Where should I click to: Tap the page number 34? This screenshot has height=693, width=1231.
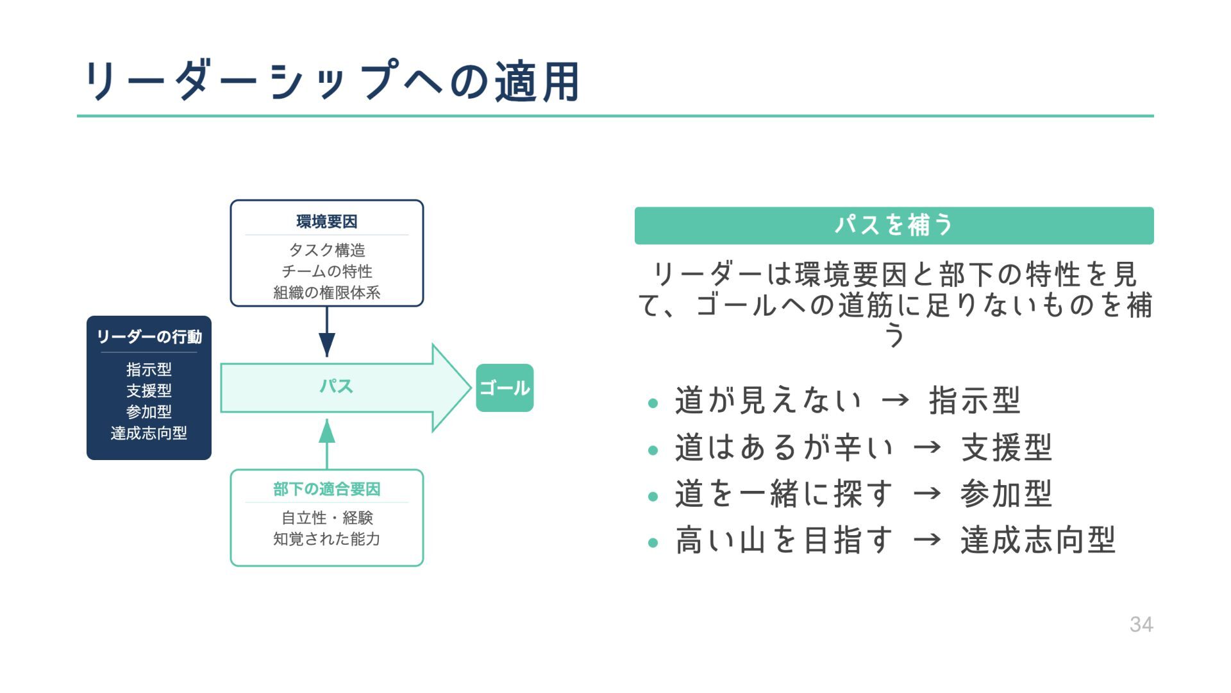point(1141,624)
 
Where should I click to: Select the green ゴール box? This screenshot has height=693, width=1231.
point(505,388)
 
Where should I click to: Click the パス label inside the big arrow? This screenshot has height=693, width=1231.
point(336,386)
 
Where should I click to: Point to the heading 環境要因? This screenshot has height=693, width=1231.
point(326,221)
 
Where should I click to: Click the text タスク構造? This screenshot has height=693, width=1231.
point(326,250)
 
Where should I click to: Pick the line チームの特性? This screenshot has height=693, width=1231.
point(326,271)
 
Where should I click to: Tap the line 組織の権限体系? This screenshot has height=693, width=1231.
point(326,293)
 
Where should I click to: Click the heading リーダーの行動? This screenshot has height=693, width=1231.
point(149,337)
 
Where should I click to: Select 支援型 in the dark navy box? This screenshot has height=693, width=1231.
point(149,391)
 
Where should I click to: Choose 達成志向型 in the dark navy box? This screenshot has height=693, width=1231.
point(149,433)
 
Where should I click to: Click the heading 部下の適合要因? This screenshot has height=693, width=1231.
point(326,489)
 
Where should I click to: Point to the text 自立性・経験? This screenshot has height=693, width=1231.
point(326,517)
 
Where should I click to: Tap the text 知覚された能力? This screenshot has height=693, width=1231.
point(326,538)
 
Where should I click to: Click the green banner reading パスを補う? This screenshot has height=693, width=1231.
point(894,225)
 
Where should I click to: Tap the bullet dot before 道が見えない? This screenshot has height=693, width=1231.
point(653,404)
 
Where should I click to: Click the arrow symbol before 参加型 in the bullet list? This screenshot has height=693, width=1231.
point(927,493)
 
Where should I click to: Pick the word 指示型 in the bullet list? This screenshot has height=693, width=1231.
point(974,400)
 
